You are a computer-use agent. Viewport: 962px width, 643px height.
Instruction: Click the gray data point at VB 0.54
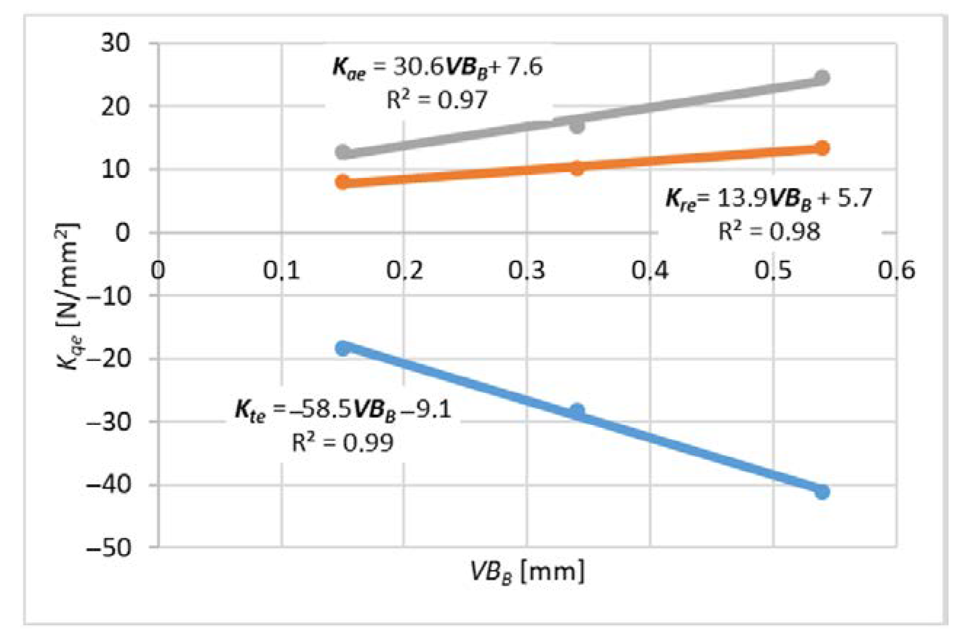click(x=822, y=77)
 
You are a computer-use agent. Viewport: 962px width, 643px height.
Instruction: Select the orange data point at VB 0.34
click(x=577, y=168)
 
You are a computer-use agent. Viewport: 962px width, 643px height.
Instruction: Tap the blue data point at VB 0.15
click(x=343, y=348)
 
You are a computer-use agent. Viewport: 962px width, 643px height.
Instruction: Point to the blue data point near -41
click(x=822, y=492)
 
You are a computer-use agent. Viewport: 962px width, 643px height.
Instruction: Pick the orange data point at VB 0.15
click(x=343, y=182)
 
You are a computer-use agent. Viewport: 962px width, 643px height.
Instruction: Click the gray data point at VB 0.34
click(x=577, y=125)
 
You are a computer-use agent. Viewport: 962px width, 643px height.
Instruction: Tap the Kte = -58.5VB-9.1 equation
click(x=343, y=410)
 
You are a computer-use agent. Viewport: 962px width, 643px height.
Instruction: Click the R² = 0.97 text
click(x=437, y=100)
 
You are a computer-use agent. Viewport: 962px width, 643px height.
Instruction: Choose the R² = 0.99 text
click(x=343, y=443)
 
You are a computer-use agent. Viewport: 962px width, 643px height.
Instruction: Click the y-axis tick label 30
click(x=115, y=43)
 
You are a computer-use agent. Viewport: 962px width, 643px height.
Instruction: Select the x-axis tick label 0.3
click(x=527, y=270)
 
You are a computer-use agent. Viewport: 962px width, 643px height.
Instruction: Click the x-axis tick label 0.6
click(x=896, y=270)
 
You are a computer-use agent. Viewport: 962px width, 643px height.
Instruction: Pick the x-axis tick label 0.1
click(x=281, y=270)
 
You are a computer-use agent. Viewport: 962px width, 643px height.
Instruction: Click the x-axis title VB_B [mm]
click(x=527, y=572)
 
